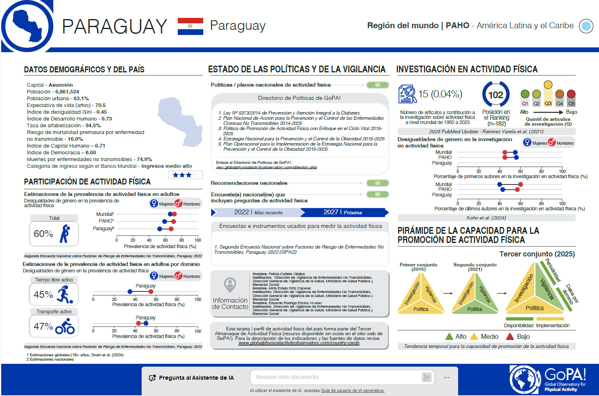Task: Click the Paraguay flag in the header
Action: pyautogui.click(x=190, y=26)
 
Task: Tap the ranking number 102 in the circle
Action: pyautogui.click(x=496, y=95)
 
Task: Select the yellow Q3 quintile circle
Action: pyautogui.click(x=548, y=85)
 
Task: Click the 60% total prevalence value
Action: pyautogui.click(x=43, y=234)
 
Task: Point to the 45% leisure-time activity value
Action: pyautogui.click(x=43, y=295)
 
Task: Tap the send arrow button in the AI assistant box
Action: pyautogui.click(x=427, y=377)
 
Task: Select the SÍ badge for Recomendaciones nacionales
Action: pyautogui.click(x=377, y=183)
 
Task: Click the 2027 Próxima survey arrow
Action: pyautogui.click(x=343, y=212)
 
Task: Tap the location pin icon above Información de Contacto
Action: pyautogui.click(x=230, y=285)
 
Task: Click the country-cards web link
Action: pyautogui.click(x=299, y=343)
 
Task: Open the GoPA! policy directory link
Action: pyautogui.click(x=266, y=167)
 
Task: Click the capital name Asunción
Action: pyautogui.click(x=60, y=85)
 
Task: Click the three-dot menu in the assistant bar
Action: pyautogui.click(x=447, y=377)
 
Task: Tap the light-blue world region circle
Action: pyautogui.click(x=586, y=26)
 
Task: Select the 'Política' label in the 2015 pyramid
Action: pyautogui.click(x=421, y=309)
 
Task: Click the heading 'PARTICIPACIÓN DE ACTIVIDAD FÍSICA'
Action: pyautogui.click(x=87, y=182)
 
